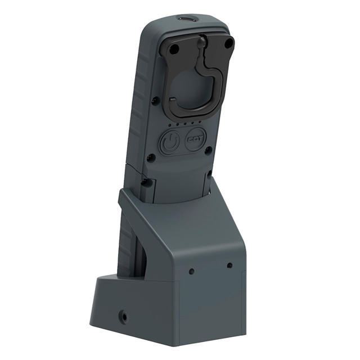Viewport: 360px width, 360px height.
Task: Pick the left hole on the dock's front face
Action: [x=191, y=271]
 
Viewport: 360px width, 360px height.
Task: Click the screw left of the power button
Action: [x=151, y=157]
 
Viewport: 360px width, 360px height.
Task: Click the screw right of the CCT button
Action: [x=209, y=150]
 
